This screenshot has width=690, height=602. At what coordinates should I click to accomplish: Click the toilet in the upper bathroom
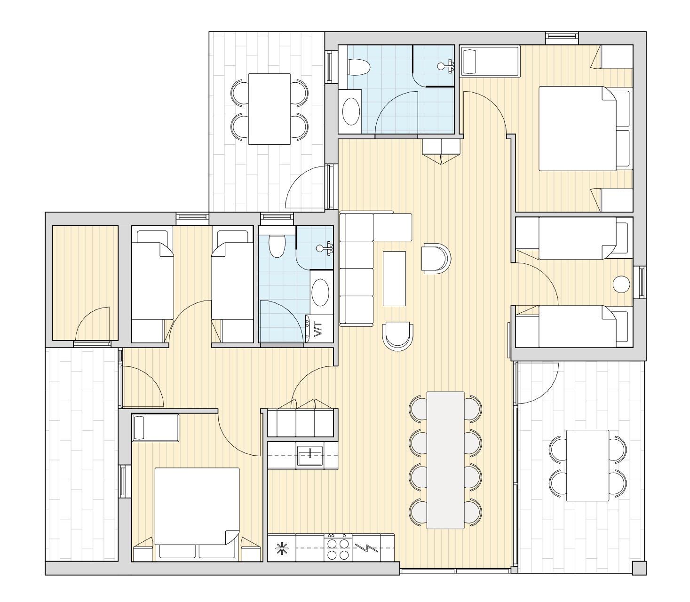pos(358,67)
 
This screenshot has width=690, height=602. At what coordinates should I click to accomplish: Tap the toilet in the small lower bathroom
pos(277,246)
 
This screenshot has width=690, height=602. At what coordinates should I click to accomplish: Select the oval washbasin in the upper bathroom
pos(351,111)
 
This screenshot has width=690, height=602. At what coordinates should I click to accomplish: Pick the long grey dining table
pos(445,460)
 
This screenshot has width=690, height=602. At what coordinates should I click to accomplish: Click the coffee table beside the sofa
pos(394,278)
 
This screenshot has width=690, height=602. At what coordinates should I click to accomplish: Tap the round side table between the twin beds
pos(621,284)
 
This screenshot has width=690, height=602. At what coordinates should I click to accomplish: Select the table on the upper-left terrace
pos(270,109)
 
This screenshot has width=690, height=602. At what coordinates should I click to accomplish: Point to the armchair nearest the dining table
pos(397,337)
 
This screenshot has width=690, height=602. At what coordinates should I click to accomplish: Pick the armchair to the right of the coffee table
pos(436,258)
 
